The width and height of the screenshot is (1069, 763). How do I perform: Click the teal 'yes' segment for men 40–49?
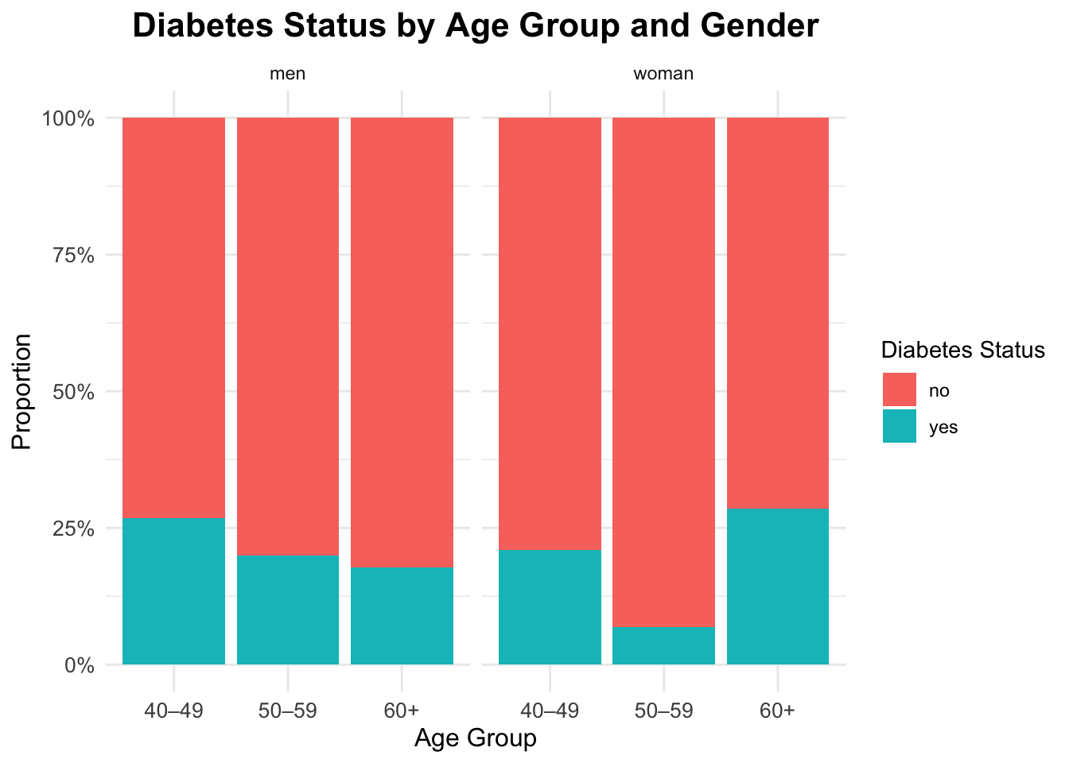pos(173,591)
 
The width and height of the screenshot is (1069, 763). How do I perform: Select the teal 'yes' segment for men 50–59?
pos(288,610)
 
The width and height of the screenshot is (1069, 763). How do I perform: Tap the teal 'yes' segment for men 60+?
pos(402,615)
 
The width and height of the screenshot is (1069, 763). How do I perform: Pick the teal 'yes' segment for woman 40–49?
pos(550,606)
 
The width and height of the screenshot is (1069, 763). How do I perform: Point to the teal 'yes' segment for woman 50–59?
pos(663,645)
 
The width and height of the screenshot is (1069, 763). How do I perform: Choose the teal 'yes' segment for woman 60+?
pos(778,586)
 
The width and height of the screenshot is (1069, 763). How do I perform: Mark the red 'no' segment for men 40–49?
pos(173,317)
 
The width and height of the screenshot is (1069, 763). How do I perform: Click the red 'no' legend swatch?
pos(899,390)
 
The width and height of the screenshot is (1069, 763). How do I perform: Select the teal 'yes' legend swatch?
pos(899,427)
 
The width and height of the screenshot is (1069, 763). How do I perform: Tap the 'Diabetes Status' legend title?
pos(962,351)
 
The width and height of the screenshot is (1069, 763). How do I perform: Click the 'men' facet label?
pos(288,75)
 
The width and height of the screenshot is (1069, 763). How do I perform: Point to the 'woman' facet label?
pos(663,75)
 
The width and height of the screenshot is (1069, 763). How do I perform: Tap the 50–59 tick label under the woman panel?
pos(663,711)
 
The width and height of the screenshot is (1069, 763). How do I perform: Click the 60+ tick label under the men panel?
pos(402,711)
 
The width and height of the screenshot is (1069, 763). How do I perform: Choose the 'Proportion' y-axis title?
pos(22,391)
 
